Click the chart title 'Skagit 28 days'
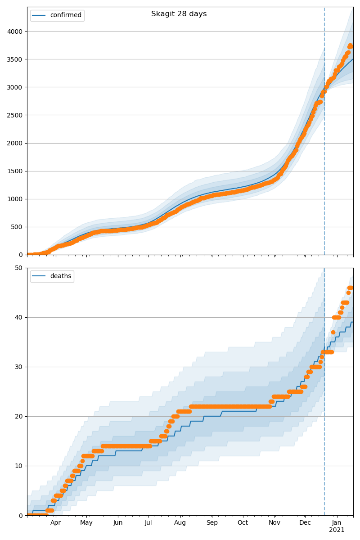tap(179, 14)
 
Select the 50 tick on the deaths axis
tap(19, 268)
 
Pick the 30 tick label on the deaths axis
tap(19, 367)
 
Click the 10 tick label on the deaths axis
tap(19, 466)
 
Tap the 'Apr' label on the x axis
tap(55, 523)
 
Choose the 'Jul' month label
tap(148, 523)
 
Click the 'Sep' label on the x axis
tap(212, 523)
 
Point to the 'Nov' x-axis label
tap(274, 523)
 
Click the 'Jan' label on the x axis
tap(337, 523)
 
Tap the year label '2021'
tap(337, 530)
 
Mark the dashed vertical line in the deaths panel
tap(324, 405)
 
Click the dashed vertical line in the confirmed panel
tap(324, 135)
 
